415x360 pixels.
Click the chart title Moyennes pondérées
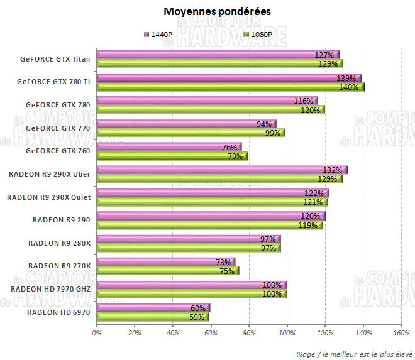pos(209,12)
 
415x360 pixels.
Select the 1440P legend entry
pos(162,34)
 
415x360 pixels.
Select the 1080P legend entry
pos(258,34)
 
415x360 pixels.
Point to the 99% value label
pos(272,133)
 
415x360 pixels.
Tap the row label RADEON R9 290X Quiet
pos(48,197)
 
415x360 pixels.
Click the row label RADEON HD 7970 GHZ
pos(50,289)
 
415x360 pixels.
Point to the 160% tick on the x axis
pos(401,332)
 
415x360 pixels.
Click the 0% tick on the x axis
pos(96,332)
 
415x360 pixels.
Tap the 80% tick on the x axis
pos(248,332)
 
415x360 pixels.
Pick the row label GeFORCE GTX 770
pos(58,128)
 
